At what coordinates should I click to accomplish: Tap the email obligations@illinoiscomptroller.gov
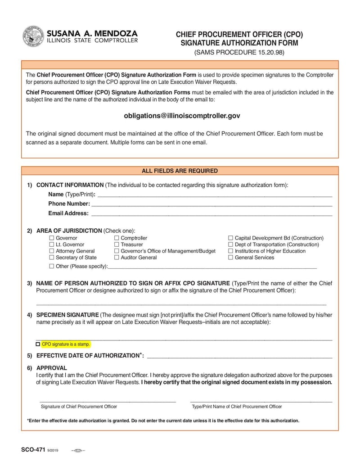(x=182, y=116)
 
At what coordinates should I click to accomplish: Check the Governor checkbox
(x=51, y=238)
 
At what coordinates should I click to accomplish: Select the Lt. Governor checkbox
(x=51, y=244)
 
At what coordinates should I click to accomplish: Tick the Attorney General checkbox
(x=51, y=251)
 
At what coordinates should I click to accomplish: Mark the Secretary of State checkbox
(x=51, y=258)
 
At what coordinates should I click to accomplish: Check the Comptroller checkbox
(x=117, y=238)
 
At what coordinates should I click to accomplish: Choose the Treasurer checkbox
(x=117, y=244)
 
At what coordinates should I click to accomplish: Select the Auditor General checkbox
(x=117, y=258)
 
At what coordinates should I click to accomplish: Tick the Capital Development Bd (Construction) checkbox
(x=230, y=238)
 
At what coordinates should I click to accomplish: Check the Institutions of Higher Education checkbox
(x=230, y=251)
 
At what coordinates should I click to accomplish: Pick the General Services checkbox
(x=230, y=258)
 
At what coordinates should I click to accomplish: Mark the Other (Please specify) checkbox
(x=51, y=266)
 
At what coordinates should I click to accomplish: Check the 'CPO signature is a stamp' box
(x=38, y=344)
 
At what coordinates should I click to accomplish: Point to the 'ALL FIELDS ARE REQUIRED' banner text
(x=180, y=171)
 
